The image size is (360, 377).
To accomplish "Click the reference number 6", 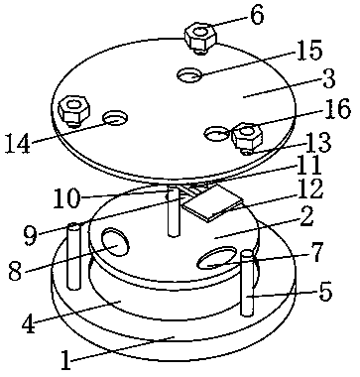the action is tap(257, 15).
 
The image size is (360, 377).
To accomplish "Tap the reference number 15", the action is tap(309, 51).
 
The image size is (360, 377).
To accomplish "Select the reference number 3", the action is tap(328, 78).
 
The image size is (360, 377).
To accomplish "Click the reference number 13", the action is tap(317, 143).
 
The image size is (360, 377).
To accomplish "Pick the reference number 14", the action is tap(17, 143).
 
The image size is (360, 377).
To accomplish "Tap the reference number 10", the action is tap(66, 197).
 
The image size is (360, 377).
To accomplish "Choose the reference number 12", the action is tap(309, 189).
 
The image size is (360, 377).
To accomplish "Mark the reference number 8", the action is tap(16, 271).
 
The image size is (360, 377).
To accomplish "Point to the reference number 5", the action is tap(324, 292).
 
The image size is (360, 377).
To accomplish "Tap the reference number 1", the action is tap(65, 359).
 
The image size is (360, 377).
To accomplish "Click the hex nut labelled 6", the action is tap(200, 37).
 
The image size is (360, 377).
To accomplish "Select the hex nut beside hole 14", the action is tap(74, 110).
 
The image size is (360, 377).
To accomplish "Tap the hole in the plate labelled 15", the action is tap(189, 74).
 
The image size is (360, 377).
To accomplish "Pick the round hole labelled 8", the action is tap(115, 243).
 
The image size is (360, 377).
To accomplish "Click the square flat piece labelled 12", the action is tap(213, 202).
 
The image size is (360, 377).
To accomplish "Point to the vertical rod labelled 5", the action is tap(247, 284).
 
